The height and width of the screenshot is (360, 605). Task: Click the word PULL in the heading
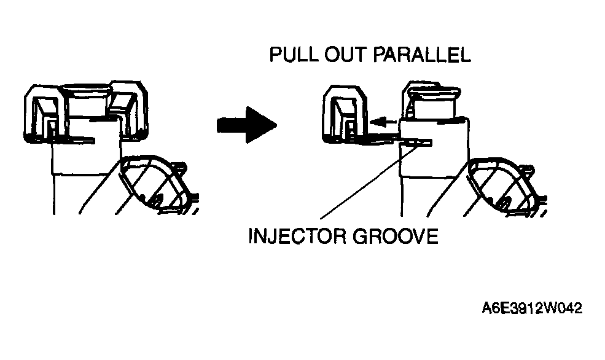[294, 55]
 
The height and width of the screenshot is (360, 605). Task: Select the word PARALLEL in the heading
[422, 55]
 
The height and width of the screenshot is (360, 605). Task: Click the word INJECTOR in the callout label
[297, 236]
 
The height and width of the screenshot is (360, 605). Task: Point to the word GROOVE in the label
[396, 236]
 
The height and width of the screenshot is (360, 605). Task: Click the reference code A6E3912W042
[532, 308]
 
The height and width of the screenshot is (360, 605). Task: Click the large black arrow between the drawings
[247, 125]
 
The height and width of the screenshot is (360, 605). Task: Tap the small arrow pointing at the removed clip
[383, 122]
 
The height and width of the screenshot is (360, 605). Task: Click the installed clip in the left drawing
[85, 111]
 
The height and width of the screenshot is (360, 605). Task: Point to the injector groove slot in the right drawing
[416, 143]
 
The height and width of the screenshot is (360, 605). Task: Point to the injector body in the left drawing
[87, 166]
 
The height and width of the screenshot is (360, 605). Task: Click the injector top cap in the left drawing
[87, 99]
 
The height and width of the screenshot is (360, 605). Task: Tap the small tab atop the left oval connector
[179, 167]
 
